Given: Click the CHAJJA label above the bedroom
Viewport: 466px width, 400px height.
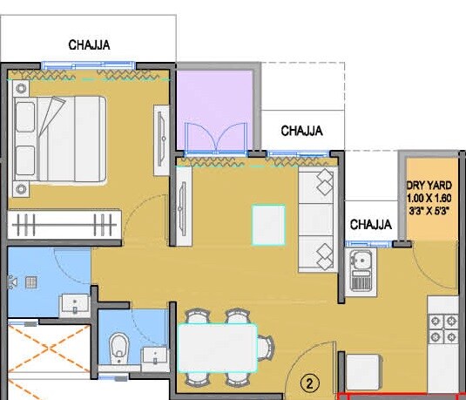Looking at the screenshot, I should coord(91,44).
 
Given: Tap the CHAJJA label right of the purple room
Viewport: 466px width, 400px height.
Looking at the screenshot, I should coord(301,131).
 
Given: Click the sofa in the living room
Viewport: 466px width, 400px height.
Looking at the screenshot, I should coord(317,220).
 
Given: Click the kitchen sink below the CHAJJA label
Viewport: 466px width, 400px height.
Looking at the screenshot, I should coord(361,269).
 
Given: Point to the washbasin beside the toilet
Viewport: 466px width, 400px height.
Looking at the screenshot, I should coord(154,356).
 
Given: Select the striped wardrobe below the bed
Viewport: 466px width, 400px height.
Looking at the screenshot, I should coord(64,224).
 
